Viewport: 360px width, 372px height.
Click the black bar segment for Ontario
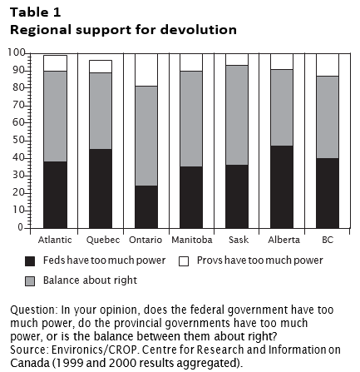[146, 207]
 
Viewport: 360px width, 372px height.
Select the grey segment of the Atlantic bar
[55, 117]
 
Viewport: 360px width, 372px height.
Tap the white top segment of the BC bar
[328, 65]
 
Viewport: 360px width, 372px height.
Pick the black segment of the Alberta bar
[282, 187]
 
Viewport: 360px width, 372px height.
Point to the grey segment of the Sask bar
[237, 115]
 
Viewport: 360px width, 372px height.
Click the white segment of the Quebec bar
[101, 67]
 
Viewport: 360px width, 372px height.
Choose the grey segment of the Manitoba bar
[191, 119]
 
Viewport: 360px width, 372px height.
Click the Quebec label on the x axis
[103, 240]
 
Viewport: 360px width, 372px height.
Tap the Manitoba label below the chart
[192, 240]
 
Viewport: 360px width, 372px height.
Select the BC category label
[328, 240]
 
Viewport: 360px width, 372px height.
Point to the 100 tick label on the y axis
[17, 52]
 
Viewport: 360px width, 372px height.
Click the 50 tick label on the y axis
[18, 140]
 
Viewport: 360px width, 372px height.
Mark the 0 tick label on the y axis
[21, 227]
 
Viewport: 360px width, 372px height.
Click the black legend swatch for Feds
[30, 261]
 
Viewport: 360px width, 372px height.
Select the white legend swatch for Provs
[184, 261]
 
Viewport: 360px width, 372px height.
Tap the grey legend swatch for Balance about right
[30, 281]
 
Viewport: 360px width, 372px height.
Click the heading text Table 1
[36, 12]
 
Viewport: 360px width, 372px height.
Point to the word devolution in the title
[199, 30]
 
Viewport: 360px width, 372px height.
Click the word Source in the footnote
[27, 350]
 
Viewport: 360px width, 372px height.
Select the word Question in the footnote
[32, 310]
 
